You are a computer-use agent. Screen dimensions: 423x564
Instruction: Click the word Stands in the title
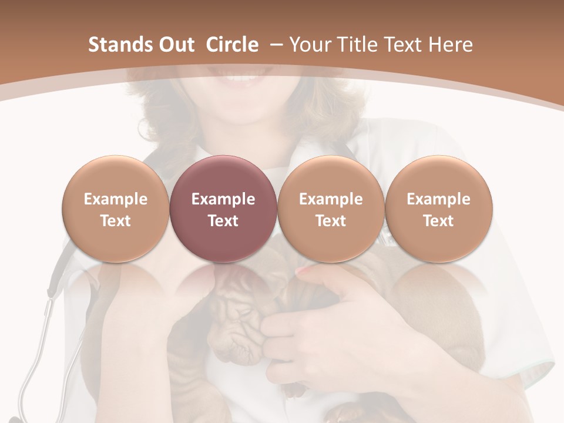coord(120,45)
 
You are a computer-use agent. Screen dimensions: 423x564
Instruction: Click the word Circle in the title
coord(232,45)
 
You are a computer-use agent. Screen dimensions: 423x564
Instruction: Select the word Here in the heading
coord(451,45)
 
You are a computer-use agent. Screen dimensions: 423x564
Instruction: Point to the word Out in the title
coord(175,45)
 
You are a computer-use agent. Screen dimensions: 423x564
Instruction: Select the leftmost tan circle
coord(115,176)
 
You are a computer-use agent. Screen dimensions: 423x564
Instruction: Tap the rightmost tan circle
coord(438,176)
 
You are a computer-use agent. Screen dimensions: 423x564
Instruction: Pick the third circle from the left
coord(331,176)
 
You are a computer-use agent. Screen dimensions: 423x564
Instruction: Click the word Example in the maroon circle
coord(223,199)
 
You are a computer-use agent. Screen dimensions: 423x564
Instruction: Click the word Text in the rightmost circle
coord(438,221)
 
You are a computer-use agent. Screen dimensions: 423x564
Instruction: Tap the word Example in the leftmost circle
coord(115,199)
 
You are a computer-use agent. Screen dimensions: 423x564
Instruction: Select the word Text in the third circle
coord(331,221)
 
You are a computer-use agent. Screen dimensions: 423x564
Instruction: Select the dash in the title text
coord(274,45)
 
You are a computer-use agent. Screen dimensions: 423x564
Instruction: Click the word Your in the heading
coord(309,45)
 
